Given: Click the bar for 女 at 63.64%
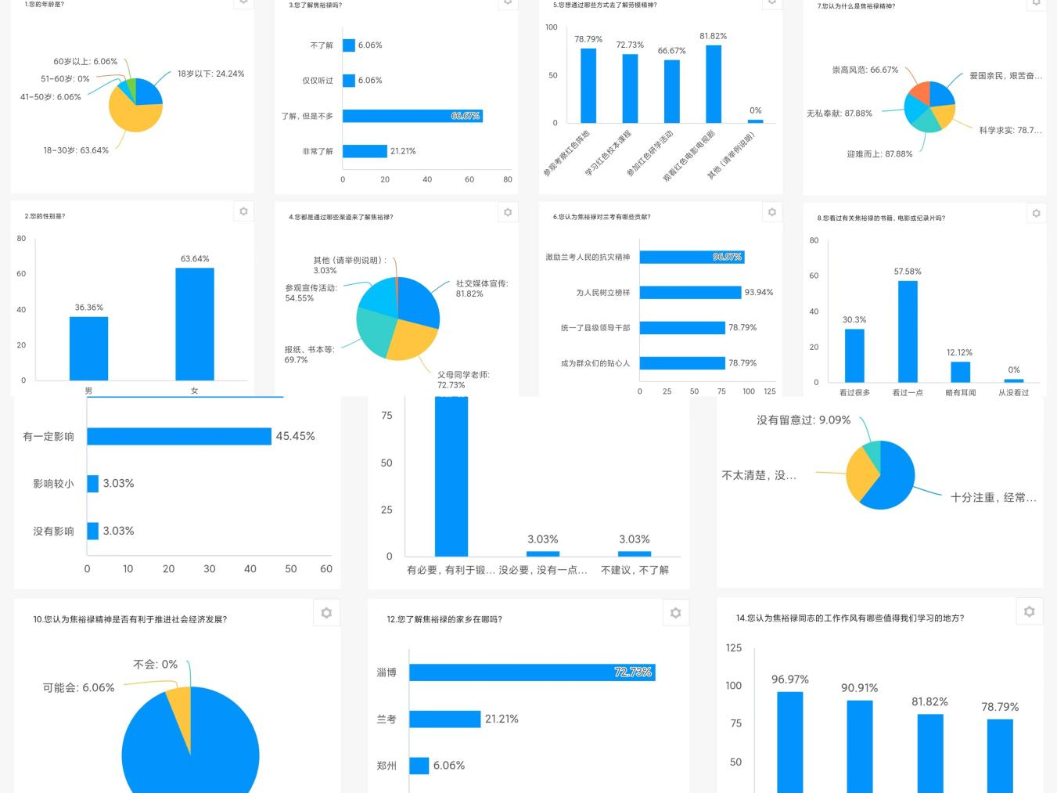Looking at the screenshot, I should tap(195, 324).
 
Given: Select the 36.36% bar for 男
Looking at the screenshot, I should tap(88, 348).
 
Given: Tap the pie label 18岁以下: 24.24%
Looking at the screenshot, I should tap(210, 74).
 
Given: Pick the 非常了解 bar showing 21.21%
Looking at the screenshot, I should tap(365, 151).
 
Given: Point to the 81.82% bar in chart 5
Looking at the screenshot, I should tap(713, 84).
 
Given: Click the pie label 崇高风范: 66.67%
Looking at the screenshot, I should tap(865, 70).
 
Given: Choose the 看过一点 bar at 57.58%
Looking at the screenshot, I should tap(908, 331).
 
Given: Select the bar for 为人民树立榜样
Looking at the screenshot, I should tap(689, 293).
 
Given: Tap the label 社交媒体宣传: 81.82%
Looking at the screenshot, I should tap(481, 288).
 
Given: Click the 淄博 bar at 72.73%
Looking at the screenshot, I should tap(532, 672).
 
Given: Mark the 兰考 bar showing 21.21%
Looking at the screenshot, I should tap(444, 719).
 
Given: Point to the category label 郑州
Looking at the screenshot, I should tap(386, 766).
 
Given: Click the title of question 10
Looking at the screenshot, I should tap(130, 619).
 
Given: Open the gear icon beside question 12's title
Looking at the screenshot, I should tap(675, 613).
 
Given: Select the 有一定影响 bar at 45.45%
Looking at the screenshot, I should tap(179, 436).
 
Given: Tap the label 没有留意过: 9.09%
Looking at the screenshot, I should tap(803, 420).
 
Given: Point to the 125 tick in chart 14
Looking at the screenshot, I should tap(733, 647).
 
